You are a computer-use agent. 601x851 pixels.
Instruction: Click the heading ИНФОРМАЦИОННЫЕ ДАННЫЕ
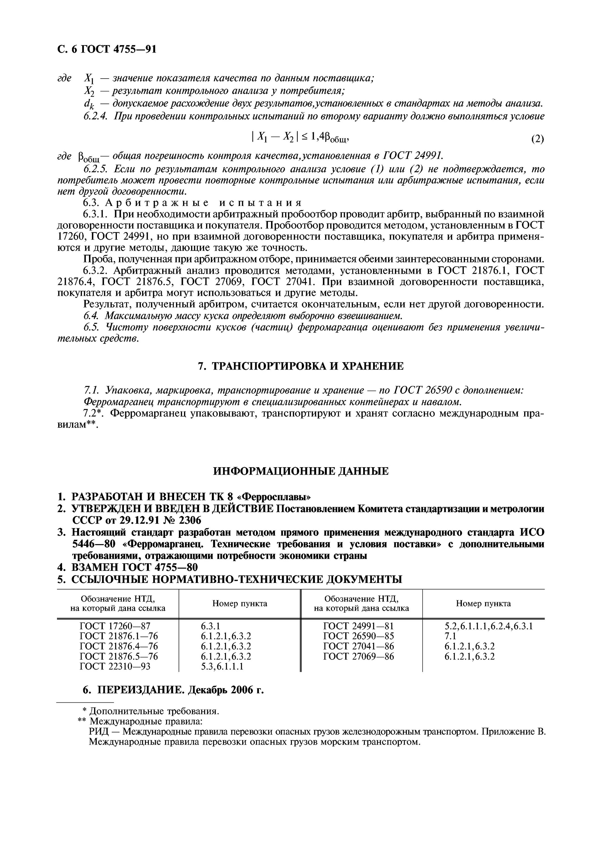301,471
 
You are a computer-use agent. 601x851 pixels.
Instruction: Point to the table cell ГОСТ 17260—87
115,626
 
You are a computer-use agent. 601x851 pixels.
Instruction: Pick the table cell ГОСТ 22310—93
115,666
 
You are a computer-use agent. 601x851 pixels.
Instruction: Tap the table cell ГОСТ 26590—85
358,636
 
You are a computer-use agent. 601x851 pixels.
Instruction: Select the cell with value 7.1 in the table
451,636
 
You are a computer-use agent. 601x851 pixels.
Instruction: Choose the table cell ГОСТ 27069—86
358,656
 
